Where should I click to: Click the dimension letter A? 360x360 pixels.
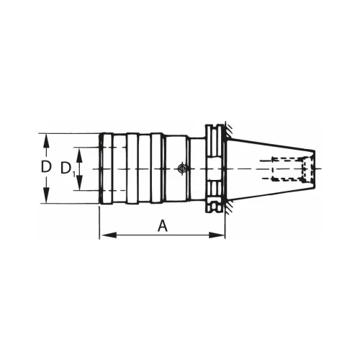click(x=163, y=226)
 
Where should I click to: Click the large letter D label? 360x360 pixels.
click(x=46, y=167)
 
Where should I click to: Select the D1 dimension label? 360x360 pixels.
click(x=67, y=168)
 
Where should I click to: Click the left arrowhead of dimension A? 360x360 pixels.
click(x=103, y=235)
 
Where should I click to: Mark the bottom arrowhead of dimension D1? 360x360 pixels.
click(x=81, y=186)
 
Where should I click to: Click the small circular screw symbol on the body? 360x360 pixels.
click(x=181, y=168)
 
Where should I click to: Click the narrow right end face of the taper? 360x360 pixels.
click(x=315, y=168)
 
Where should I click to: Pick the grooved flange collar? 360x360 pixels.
click(x=215, y=168)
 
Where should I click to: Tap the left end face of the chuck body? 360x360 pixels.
click(x=99, y=168)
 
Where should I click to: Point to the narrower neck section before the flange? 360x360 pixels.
click(x=197, y=168)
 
